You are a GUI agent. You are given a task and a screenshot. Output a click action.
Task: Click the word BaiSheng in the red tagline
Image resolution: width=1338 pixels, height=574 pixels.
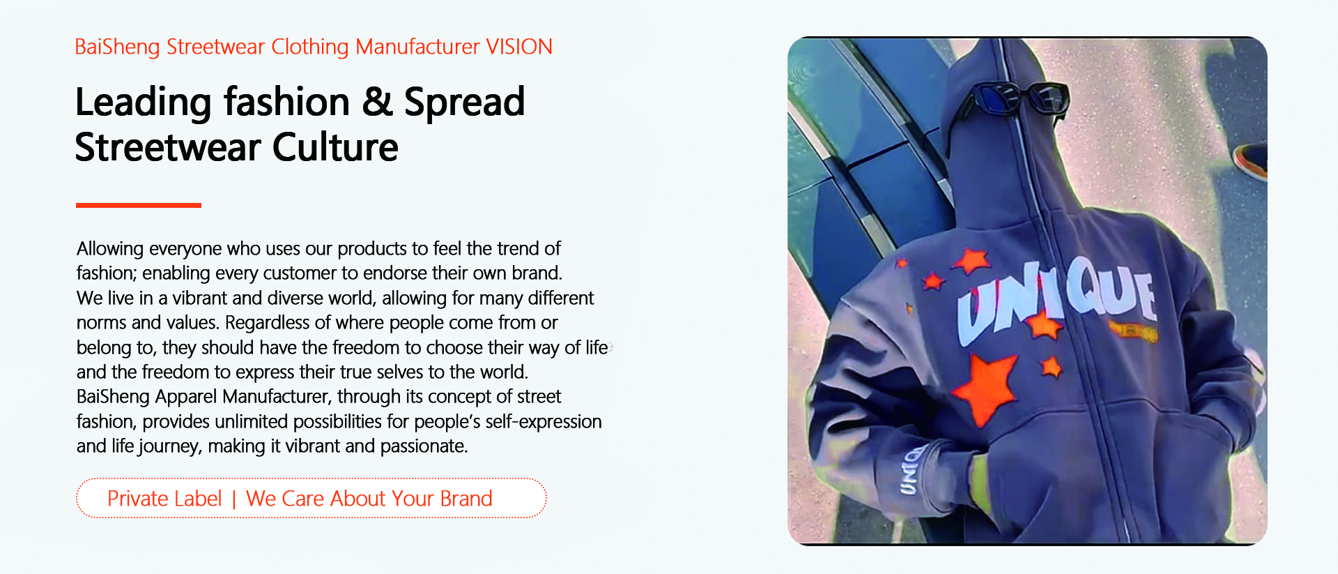tap(117, 47)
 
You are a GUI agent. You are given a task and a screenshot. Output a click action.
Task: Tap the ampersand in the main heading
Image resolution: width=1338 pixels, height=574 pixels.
tap(377, 102)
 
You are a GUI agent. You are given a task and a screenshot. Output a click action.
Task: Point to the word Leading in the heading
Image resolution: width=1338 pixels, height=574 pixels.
tap(143, 103)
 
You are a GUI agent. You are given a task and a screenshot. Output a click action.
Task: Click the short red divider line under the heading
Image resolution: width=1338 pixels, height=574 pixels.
tap(138, 205)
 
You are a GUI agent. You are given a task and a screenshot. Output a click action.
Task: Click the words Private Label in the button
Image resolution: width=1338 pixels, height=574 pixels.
tap(164, 499)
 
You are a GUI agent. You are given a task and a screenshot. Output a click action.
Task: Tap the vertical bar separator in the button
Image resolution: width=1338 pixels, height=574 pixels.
tap(234, 499)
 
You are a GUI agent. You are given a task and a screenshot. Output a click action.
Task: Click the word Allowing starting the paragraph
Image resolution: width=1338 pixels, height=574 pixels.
tap(110, 249)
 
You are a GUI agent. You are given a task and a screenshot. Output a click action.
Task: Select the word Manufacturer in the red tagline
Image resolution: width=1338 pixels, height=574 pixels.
tap(417, 47)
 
